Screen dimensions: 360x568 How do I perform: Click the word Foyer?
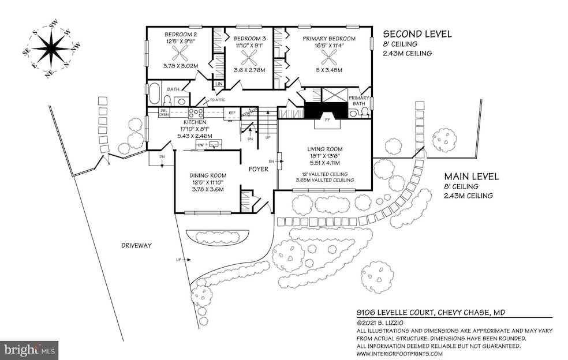click(258, 170)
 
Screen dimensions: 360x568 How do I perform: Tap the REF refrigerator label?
click(231, 113)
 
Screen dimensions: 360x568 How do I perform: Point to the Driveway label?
click(136, 245)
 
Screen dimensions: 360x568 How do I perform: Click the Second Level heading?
click(417, 33)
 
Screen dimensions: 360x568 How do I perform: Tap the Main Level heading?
click(471, 177)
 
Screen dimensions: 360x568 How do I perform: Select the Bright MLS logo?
click(30, 349)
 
